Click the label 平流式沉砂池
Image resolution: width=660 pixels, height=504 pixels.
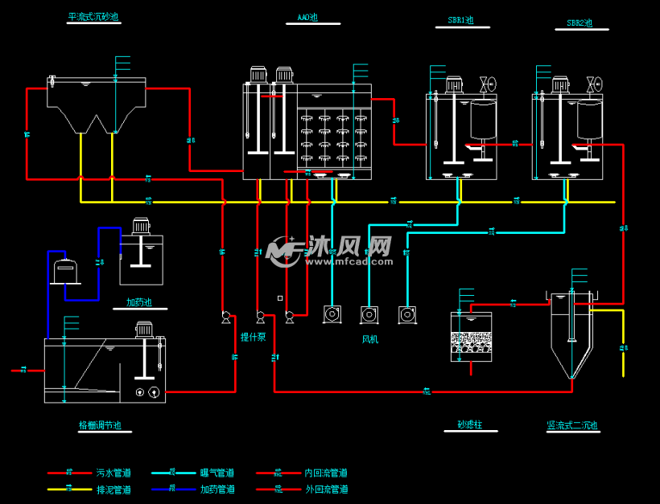[x=93, y=17]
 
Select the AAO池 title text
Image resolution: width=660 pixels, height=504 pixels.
[x=307, y=17]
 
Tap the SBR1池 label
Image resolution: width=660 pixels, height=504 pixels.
[x=460, y=21]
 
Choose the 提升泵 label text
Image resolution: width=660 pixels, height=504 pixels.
[x=254, y=338]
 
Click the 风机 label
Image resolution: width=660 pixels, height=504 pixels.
[x=369, y=339]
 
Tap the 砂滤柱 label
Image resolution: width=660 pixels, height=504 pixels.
[x=469, y=424]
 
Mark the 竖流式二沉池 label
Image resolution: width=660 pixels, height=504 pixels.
[x=572, y=425]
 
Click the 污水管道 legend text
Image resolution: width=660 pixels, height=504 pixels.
[x=113, y=473]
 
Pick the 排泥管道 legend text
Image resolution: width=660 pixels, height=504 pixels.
[x=113, y=489]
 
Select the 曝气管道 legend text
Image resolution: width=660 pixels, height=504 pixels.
[x=217, y=473]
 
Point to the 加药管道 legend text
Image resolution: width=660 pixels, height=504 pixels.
[x=217, y=489]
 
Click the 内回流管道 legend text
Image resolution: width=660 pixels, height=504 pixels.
[x=326, y=473]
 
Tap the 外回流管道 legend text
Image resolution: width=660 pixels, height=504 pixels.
[x=326, y=489]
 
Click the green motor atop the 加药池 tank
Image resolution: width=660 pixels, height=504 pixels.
[x=142, y=226]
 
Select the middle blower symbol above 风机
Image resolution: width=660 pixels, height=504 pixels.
[x=370, y=313]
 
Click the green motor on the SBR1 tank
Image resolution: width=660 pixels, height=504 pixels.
[x=452, y=84]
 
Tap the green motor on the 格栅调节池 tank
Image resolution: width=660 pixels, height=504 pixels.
[x=145, y=329]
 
